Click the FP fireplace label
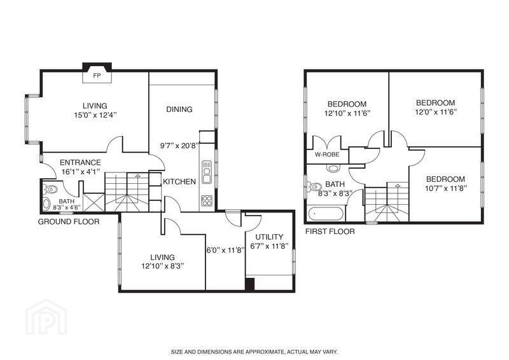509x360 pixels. tap(97, 76)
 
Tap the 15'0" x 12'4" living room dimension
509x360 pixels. tap(95, 115)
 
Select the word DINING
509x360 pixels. tap(179, 109)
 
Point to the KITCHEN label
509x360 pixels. tap(179, 181)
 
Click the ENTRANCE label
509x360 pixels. tap(80, 162)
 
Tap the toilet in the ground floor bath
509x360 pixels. tap(51, 189)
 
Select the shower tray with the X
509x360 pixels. tap(94, 202)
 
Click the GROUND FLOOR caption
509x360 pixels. tap(69, 222)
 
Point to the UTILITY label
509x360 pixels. tap(269, 237)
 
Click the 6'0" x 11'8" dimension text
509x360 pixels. tap(225, 250)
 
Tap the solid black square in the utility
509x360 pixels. tap(249, 284)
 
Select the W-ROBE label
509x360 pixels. tap(327, 155)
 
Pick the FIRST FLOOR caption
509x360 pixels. tap(330, 232)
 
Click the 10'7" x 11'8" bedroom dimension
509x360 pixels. tap(446, 188)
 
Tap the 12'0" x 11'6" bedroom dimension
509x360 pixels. tap(436, 112)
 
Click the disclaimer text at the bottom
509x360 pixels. tap(254, 352)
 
